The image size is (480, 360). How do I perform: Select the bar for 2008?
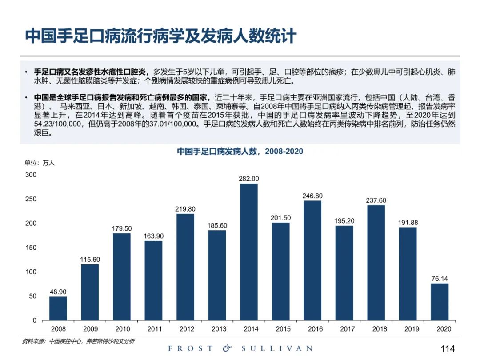(x=58, y=308)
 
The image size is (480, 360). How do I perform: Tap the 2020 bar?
(x=440, y=302)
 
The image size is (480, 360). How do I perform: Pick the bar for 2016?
(x=312, y=260)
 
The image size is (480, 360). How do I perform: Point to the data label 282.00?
(x=249, y=179)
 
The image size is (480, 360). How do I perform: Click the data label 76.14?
(x=440, y=279)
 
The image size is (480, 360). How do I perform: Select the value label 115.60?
(x=90, y=260)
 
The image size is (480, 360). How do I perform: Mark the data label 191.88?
(x=408, y=223)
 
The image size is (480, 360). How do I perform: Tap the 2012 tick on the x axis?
(x=185, y=329)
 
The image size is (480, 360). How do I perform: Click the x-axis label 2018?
(x=376, y=329)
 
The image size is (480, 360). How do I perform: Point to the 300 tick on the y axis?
(x=31, y=175)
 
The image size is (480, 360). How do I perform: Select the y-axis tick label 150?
(x=31, y=248)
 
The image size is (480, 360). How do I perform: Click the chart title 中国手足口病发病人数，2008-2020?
(x=240, y=152)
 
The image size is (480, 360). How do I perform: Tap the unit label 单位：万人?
(x=40, y=163)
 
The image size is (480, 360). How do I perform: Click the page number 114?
(x=448, y=349)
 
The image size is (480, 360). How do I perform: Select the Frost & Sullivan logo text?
(x=240, y=349)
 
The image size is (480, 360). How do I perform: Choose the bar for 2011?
(x=153, y=280)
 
